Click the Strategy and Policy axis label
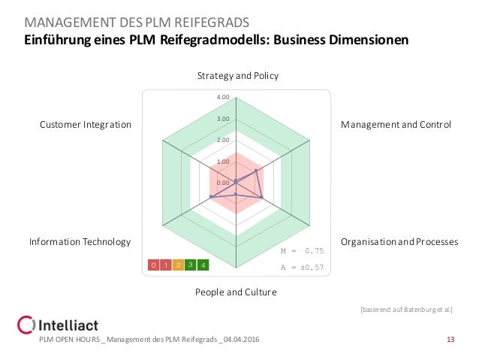[238, 76]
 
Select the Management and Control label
[396, 124]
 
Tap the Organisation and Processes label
[399, 242]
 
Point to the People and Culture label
[236, 292]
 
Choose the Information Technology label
[80, 242]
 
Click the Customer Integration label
[86, 124]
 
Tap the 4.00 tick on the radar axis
[223, 97]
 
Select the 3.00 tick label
[223, 119]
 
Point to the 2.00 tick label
[223, 140]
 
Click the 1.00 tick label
[223, 162]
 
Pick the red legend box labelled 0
[152, 265]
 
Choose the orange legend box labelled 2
[178, 265]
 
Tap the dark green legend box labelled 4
[203, 265]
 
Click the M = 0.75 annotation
[302, 251]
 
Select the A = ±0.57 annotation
[302, 267]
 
